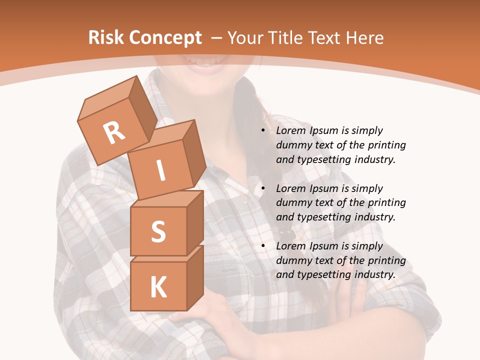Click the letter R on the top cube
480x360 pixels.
tap(114, 133)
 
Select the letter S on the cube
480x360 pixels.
tap(158, 231)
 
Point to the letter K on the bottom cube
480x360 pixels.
tap(158, 287)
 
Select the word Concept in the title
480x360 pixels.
tap(164, 38)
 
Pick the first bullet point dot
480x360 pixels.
tap(263, 131)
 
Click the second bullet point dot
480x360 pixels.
tap(263, 189)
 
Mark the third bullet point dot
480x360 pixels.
tap(263, 246)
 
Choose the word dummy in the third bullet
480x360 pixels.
tap(293, 260)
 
